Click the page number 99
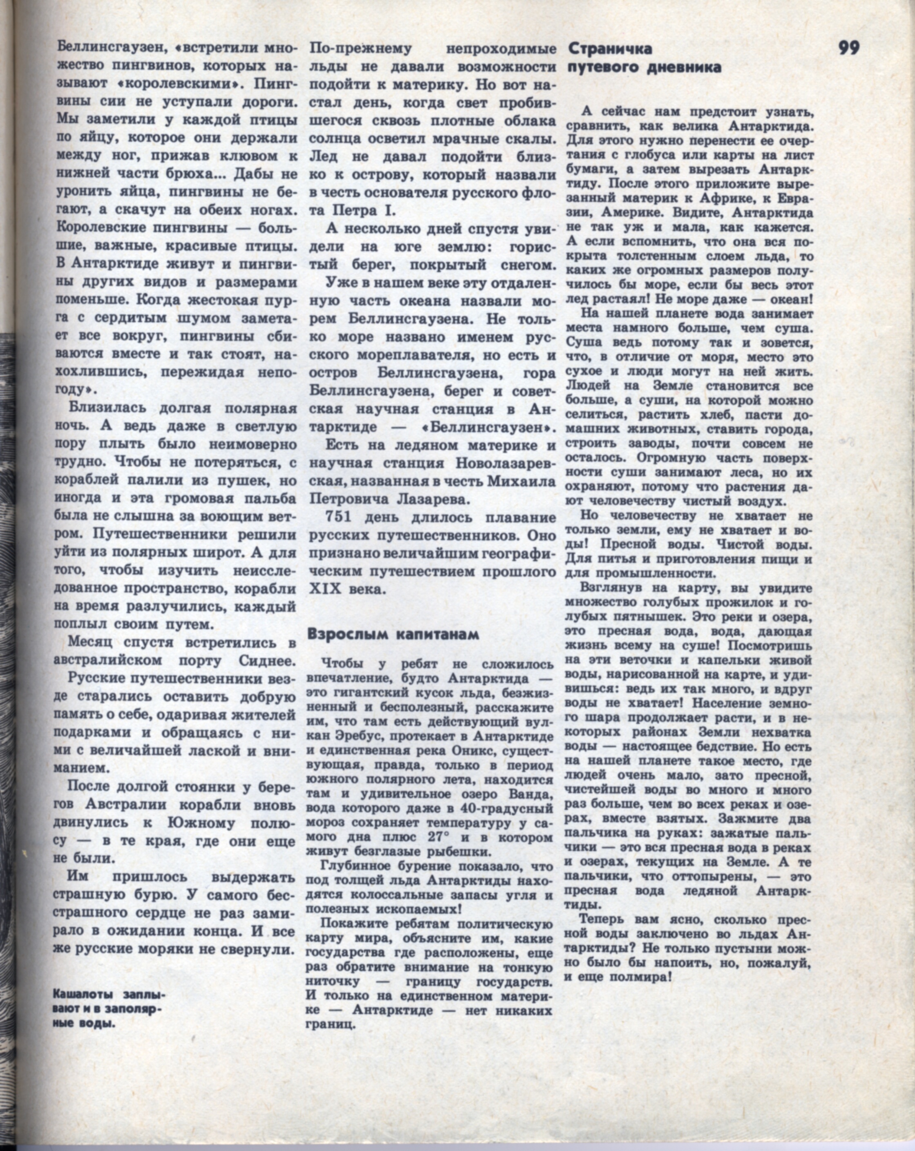tap(849, 48)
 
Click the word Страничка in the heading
tap(609, 49)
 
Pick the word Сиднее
tap(267, 660)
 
